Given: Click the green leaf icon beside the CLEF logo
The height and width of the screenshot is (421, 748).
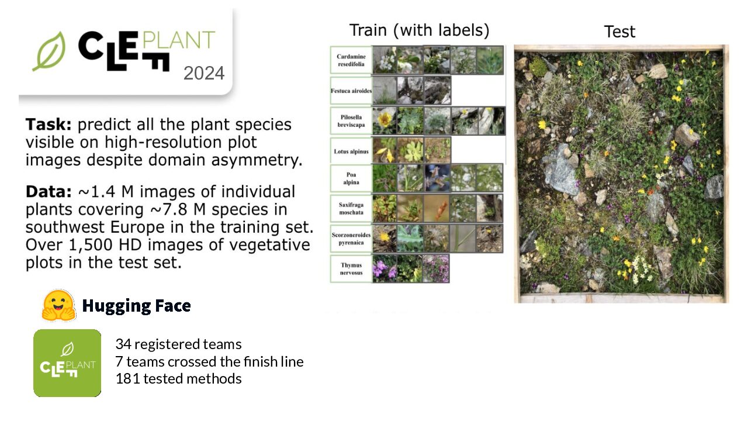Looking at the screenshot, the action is click(50, 51).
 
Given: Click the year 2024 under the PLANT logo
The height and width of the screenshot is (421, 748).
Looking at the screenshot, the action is click(204, 73).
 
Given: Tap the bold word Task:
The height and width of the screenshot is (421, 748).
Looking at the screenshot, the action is click(49, 125).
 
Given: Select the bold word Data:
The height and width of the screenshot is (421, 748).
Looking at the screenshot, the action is click(49, 191).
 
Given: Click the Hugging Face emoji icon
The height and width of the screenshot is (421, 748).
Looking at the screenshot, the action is click(58, 305).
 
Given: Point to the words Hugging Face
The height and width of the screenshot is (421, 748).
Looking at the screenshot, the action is click(136, 306).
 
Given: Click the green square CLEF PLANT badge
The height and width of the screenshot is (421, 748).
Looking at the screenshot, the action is click(67, 363).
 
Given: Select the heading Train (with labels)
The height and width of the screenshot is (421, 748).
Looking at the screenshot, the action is click(420, 30).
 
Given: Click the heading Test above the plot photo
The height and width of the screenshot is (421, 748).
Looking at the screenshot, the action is click(619, 32).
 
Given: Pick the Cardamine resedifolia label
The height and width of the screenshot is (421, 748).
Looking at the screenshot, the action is click(351, 60).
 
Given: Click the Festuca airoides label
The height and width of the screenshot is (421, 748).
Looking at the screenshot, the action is click(351, 91).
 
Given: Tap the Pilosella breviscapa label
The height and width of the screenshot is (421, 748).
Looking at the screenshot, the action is click(351, 121).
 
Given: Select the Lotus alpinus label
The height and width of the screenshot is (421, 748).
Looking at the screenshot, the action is click(351, 151).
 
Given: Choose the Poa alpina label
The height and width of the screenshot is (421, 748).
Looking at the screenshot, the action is click(351, 178).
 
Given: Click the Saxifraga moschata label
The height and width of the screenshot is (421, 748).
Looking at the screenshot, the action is click(351, 209).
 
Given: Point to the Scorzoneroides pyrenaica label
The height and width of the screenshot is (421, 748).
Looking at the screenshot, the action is click(351, 239).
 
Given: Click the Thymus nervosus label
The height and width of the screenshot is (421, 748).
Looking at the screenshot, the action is click(351, 268).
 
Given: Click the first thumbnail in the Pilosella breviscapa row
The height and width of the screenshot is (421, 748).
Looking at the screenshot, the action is click(385, 121).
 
